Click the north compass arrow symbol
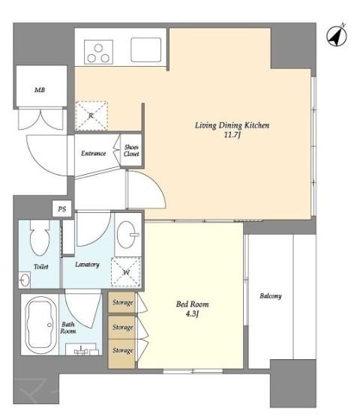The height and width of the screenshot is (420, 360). (x=337, y=36)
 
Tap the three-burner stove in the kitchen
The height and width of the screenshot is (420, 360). (x=98, y=52)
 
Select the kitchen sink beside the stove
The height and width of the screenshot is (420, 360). (x=146, y=49)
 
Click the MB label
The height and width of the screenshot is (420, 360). (x=40, y=90)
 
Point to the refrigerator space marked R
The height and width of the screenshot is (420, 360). (x=91, y=116)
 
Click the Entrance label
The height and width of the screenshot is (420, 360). (x=94, y=154)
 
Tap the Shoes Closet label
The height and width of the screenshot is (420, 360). (x=131, y=151)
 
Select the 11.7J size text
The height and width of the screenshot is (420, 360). (x=232, y=135)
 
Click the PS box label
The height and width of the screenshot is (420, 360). (x=61, y=208)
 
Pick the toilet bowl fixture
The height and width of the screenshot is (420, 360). (x=40, y=238)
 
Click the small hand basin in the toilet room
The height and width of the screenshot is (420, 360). (x=25, y=280)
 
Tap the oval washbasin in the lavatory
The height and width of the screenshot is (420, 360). (x=127, y=234)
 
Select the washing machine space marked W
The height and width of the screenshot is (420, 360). (x=126, y=272)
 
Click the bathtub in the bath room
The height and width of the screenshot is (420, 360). (x=40, y=325)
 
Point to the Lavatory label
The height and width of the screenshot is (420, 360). (x=87, y=265)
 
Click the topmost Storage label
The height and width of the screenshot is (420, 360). (x=123, y=302)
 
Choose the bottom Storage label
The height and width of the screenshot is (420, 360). (x=123, y=350)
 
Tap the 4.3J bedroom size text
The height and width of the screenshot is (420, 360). (x=192, y=314)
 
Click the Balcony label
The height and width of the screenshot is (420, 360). (x=271, y=296)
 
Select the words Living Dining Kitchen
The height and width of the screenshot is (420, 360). (x=232, y=125)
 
